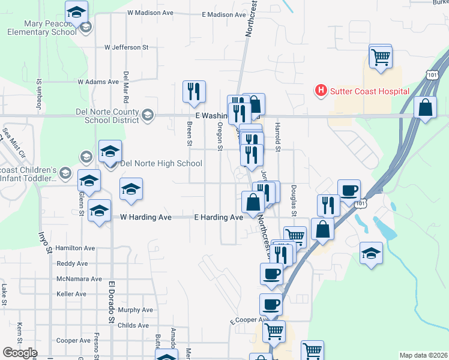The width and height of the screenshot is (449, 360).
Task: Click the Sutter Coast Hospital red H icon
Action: tap(321, 91)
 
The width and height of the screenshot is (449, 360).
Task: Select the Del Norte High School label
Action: tap(161, 163)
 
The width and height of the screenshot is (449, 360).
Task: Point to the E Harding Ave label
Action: tap(217, 217)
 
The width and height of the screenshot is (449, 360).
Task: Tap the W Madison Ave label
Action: tap(150, 13)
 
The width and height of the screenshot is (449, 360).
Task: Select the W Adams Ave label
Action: tap(98, 82)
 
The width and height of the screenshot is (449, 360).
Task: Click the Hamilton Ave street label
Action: tap(75, 248)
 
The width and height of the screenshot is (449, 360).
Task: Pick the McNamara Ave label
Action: tap(79, 279)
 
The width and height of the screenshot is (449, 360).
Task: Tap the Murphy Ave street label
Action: tap(135, 310)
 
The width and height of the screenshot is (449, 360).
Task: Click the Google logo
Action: tap(19, 353)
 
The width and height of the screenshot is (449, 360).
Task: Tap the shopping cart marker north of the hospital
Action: tap(381, 58)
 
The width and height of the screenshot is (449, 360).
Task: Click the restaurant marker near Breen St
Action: tap(194, 91)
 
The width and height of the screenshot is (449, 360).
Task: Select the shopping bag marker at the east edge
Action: tap(425, 108)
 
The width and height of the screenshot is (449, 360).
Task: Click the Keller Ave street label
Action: tap(71, 294)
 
